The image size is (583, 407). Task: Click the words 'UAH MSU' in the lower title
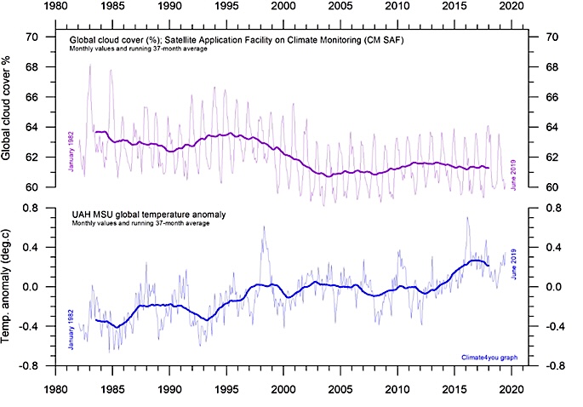(91, 214)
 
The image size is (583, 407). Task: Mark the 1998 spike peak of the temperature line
(263, 226)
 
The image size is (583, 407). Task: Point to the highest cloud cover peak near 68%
(90, 65)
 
